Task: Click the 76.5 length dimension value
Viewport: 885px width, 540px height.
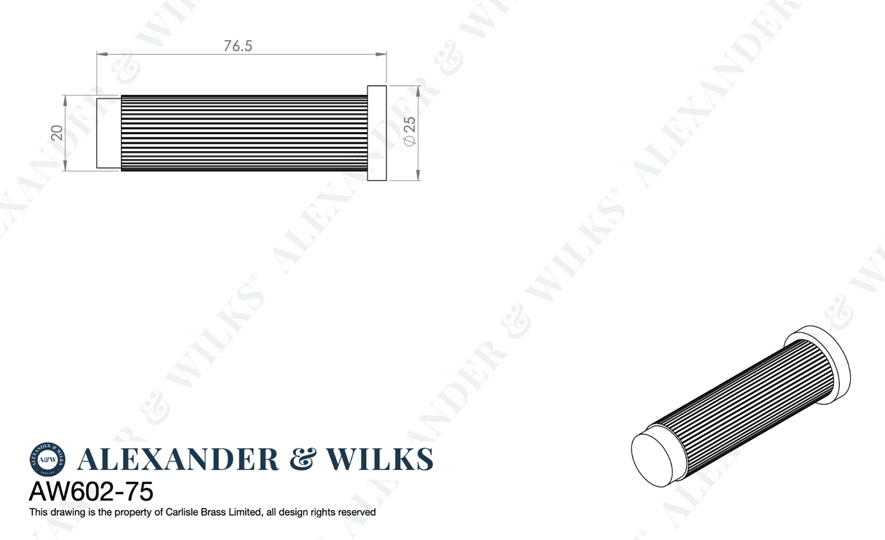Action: (x=238, y=45)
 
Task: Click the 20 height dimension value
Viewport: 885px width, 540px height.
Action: (x=57, y=132)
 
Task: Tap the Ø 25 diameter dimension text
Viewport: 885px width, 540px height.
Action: (x=409, y=131)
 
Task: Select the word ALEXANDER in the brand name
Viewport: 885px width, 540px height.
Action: (x=177, y=460)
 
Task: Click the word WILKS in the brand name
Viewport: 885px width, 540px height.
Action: (x=380, y=460)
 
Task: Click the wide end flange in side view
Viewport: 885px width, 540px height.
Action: (x=376, y=133)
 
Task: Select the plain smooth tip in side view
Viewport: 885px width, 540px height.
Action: (x=109, y=132)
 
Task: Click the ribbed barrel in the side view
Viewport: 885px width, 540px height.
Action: (x=243, y=132)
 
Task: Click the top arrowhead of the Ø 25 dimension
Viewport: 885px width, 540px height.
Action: (x=418, y=90)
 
